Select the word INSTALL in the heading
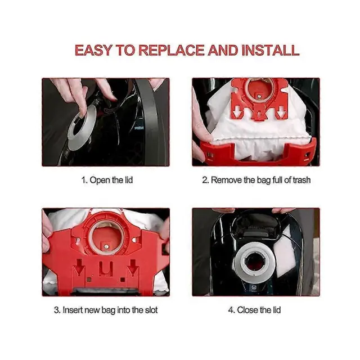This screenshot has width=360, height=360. [x=271, y=50]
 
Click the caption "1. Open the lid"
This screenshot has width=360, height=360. [x=107, y=180]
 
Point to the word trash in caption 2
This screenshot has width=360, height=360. [x=301, y=180]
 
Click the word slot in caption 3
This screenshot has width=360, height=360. [x=151, y=310]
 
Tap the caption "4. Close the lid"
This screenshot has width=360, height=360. [x=255, y=310]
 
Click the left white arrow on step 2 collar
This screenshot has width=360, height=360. [x=236, y=114]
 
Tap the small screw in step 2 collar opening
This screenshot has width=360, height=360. [x=259, y=97]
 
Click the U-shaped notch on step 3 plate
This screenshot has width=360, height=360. [x=106, y=269]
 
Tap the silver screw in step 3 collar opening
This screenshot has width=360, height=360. [x=106, y=247]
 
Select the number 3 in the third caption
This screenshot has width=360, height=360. [x=56, y=310]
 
